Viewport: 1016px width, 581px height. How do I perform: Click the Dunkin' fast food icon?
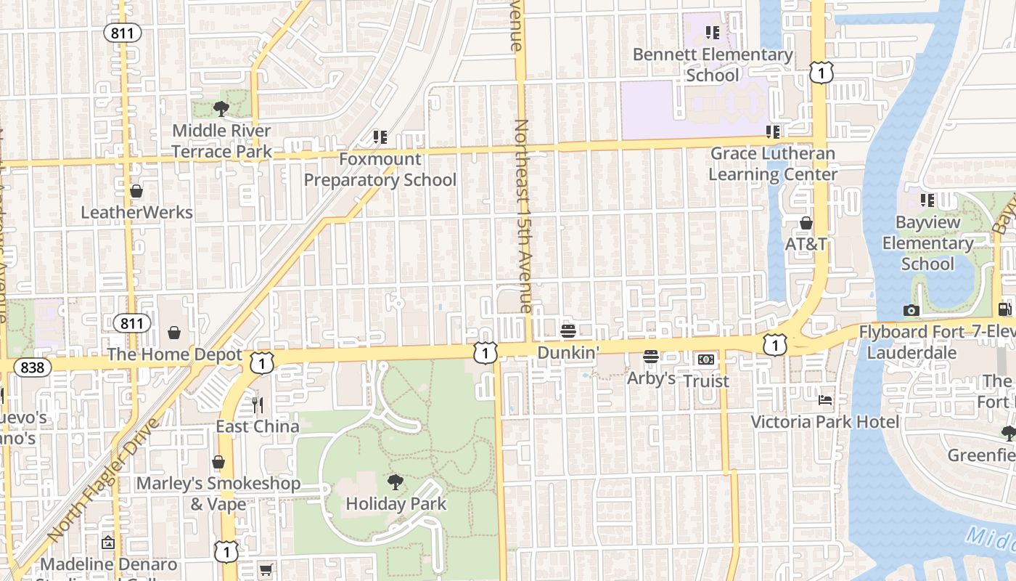(x=568, y=331)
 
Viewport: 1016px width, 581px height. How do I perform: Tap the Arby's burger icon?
(x=651, y=357)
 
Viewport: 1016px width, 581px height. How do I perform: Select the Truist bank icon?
(x=706, y=359)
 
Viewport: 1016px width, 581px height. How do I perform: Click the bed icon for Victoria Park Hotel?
(x=825, y=399)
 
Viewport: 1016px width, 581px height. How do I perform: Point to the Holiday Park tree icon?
(x=396, y=482)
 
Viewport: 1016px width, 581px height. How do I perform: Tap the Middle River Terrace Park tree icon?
(x=221, y=109)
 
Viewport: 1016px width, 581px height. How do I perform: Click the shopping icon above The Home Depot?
(x=174, y=333)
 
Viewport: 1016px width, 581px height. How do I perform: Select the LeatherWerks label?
(x=136, y=213)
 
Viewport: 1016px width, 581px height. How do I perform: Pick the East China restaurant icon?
(x=258, y=405)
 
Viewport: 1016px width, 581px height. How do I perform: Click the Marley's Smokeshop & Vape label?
(x=218, y=493)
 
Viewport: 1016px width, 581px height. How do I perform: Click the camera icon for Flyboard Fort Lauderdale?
(x=911, y=310)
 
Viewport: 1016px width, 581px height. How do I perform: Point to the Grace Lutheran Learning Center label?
(x=772, y=164)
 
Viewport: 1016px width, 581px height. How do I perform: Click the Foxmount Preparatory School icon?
(x=380, y=137)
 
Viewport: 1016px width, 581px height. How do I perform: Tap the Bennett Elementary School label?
(x=712, y=65)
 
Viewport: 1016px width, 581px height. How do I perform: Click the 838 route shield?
(x=33, y=367)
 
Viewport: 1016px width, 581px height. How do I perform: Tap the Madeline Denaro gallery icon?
(x=108, y=543)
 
